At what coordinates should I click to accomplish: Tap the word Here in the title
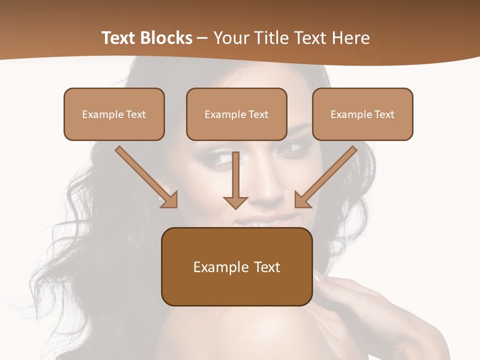[x=352, y=38]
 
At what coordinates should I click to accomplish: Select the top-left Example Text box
[x=114, y=114]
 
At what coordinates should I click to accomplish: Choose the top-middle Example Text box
[x=236, y=114]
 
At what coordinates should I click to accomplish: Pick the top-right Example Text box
[x=362, y=114]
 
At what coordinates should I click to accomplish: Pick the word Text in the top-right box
[x=384, y=114]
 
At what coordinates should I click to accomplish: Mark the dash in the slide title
[x=202, y=38]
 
